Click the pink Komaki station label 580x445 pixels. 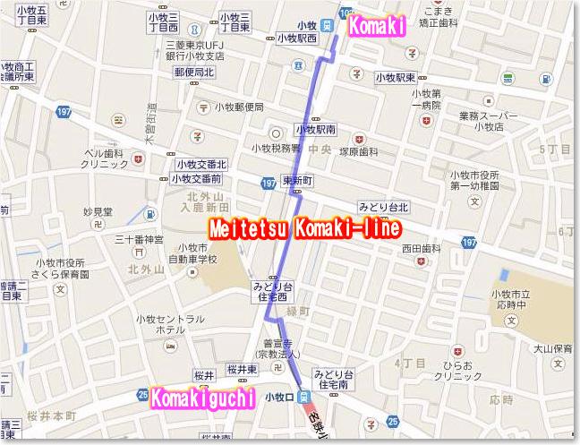click(x=378, y=26)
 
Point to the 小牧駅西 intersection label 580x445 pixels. click(x=298, y=39)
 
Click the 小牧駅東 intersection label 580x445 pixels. click(x=397, y=77)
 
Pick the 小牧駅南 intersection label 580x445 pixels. click(x=315, y=129)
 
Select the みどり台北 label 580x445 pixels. click(x=382, y=208)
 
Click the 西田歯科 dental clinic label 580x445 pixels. click(x=422, y=248)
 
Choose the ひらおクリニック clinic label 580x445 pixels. click(x=449, y=372)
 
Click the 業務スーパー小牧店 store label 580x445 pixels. click(x=489, y=121)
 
